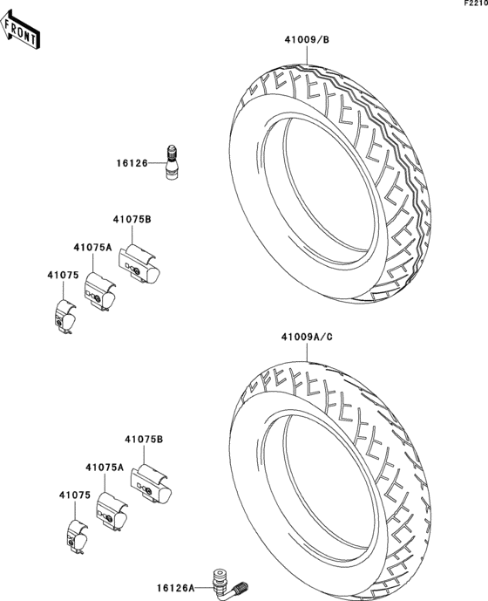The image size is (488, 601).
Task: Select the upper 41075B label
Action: [x=132, y=221]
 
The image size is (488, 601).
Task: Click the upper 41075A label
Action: [x=92, y=248]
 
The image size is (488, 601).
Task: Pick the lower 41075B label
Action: [x=143, y=441]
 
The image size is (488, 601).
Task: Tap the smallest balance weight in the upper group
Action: [x=64, y=317]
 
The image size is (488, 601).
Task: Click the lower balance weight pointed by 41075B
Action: [x=151, y=486]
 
